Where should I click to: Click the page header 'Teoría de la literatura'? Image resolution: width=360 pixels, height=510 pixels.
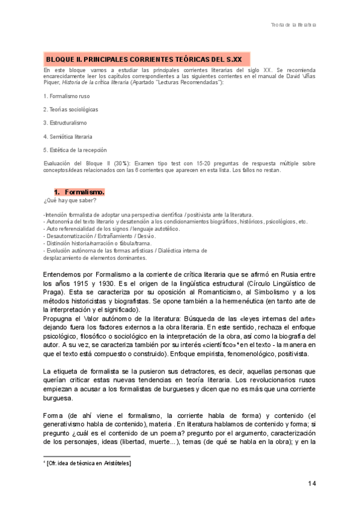coord(293,25)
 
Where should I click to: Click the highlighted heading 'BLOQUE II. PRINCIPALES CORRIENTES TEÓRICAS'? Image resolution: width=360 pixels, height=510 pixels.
coord(144,60)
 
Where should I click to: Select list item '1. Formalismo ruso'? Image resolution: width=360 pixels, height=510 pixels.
coord(67,96)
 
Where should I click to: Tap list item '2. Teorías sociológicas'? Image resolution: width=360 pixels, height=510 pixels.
coord(71,109)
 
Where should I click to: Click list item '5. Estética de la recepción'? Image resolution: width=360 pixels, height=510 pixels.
coord(75,150)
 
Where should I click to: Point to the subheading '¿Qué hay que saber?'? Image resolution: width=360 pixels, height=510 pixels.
coord(66,200)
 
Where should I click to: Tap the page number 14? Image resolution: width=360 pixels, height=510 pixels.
coord(311,484)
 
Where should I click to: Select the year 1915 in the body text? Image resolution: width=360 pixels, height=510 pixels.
coord(83,283)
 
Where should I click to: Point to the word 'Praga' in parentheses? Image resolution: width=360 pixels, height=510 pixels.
coord(56,292)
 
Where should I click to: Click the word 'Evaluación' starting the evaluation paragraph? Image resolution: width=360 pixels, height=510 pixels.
coord(58,164)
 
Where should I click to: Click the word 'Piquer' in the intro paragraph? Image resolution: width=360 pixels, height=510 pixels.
coord(52,81)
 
